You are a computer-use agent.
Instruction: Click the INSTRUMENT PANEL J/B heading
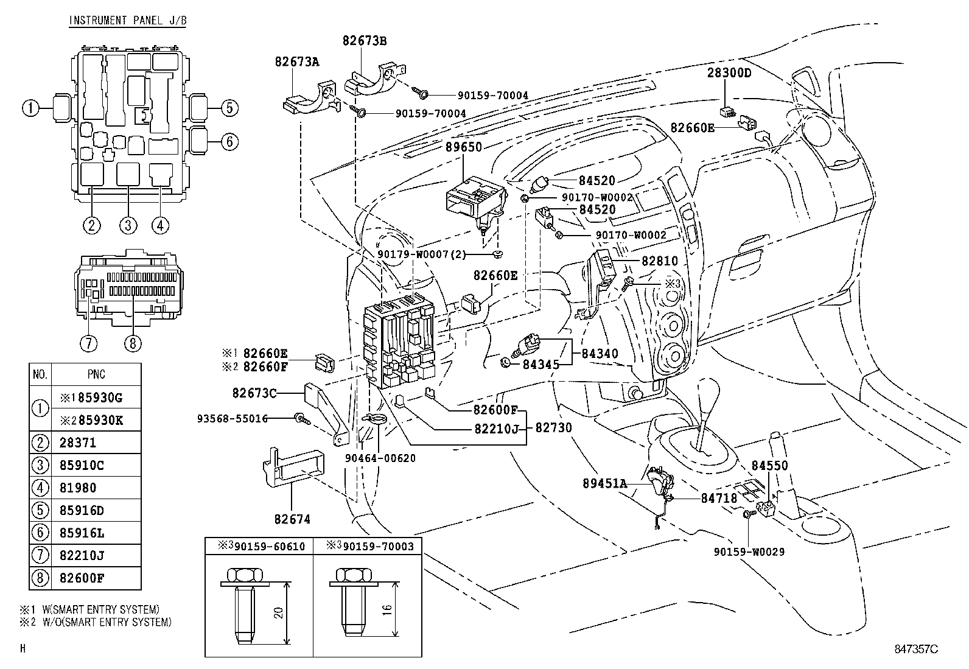click(x=127, y=21)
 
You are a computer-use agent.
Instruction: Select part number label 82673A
click(x=297, y=61)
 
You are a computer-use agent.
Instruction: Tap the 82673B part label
click(x=365, y=41)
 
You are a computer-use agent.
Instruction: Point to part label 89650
click(x=463, y=147)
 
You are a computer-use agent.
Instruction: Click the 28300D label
click(x=729, y=74)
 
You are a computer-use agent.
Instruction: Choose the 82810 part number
click(x=660, y=261)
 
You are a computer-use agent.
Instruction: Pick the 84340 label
click(x=600, y=354)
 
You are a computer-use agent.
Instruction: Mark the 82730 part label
click(x=554, y=428)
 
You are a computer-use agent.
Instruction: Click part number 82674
click(x=292, y=519)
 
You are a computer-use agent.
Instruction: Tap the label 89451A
click(x=604, y=484)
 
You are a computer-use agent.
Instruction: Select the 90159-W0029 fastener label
click(x=749, y=552)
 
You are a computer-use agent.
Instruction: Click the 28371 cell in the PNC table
click(x=78, y=443)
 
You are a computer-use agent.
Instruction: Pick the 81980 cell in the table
click(x=78, y=488)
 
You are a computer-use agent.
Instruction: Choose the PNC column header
click(x=96, y=374)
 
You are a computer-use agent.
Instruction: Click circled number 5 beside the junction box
click(x=228, y=108)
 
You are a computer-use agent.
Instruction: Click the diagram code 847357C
click(x=916, y=650)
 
